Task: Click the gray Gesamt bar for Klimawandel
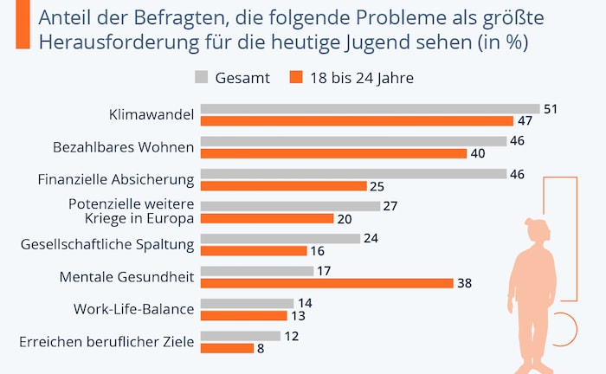(370, 109)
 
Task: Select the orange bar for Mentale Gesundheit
(326, 283)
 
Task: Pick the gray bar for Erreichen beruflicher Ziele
(241, 336)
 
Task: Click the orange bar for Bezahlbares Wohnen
(333, 153)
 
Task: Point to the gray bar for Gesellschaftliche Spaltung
(280, 238)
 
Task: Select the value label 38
(466, 283)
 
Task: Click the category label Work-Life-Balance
(145, 309)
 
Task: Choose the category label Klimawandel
(151, 114)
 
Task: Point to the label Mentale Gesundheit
(126, 276)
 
